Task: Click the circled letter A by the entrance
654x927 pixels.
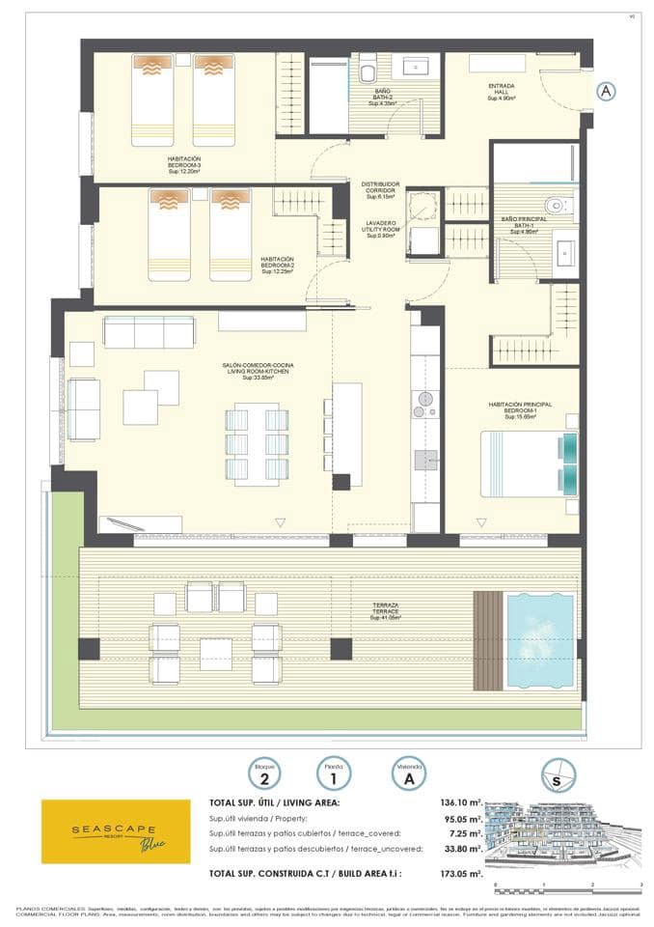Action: click(x=605, y=91)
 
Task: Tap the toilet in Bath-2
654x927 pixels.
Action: click(x=368, y=71)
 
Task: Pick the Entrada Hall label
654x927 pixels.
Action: click(x=501, y=92)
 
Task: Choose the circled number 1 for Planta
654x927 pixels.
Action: click(x=334, y=773)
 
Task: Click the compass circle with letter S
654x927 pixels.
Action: click(x=558, y=774)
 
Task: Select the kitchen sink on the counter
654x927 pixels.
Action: click(x=425, y=460)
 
